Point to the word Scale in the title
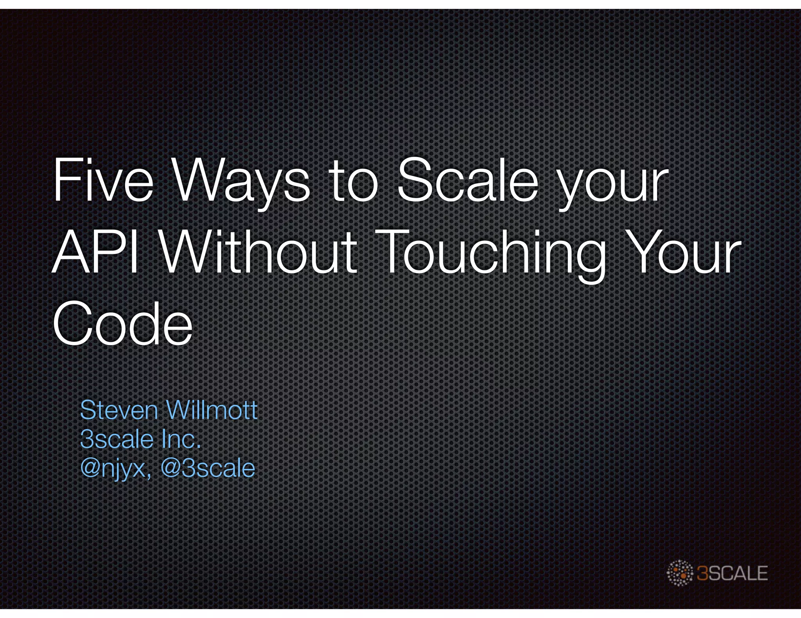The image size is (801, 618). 467,180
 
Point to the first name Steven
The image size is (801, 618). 119,410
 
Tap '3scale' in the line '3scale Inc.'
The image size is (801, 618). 117,439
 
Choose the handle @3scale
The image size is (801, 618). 208,468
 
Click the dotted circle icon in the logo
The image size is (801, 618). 680,573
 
